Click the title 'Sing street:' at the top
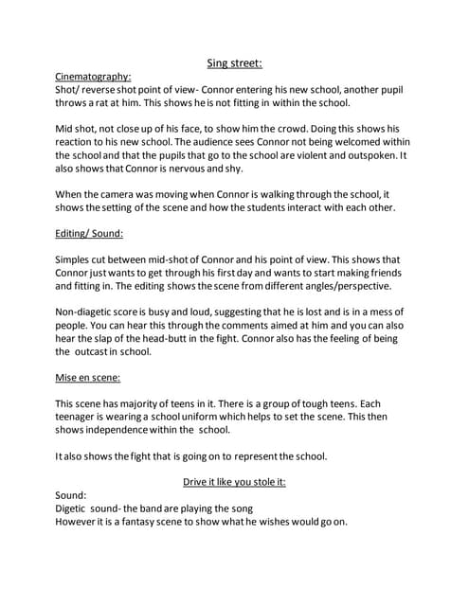(234, 63)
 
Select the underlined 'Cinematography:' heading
(94, 76)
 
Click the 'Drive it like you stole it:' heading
(233, 481)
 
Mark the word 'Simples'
(79, 259)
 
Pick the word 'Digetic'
(77, 508)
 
